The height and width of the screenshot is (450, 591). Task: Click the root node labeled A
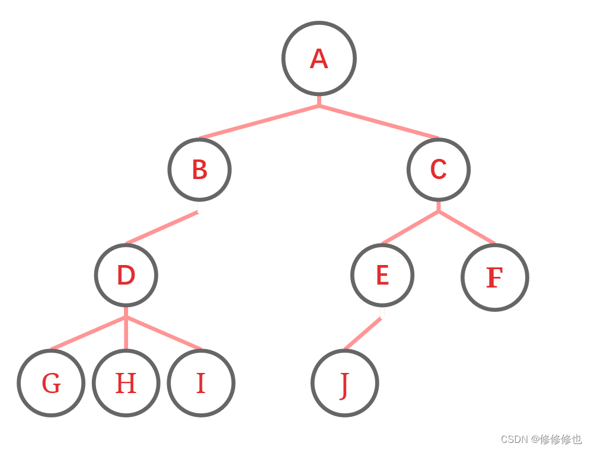(319, 58)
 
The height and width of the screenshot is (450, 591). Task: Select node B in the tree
(199, 170)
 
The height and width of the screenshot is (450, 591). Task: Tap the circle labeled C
(438, 170)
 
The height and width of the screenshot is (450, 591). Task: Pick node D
(126, 275)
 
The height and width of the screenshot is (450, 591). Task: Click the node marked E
(382, 275)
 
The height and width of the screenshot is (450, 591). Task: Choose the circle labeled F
(494, 277)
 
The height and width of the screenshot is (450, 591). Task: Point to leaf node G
(51, 383)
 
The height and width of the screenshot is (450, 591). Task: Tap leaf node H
(126, 383)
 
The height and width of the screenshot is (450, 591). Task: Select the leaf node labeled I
(201, 383)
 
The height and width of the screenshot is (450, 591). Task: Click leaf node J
(344, 383)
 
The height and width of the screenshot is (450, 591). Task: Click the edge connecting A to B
(260, 122)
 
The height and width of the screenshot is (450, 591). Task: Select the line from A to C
(379, 122)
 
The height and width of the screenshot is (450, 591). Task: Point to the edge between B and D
(162, 228)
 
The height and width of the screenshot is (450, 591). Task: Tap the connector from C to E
(410, 227)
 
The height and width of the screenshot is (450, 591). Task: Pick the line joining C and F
(467, 227)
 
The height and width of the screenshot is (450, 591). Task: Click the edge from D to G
(88, 333)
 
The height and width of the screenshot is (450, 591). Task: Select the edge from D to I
(164, 333)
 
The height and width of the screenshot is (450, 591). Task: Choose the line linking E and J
(363, 334)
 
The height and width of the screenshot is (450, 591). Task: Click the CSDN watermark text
(541, 439)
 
